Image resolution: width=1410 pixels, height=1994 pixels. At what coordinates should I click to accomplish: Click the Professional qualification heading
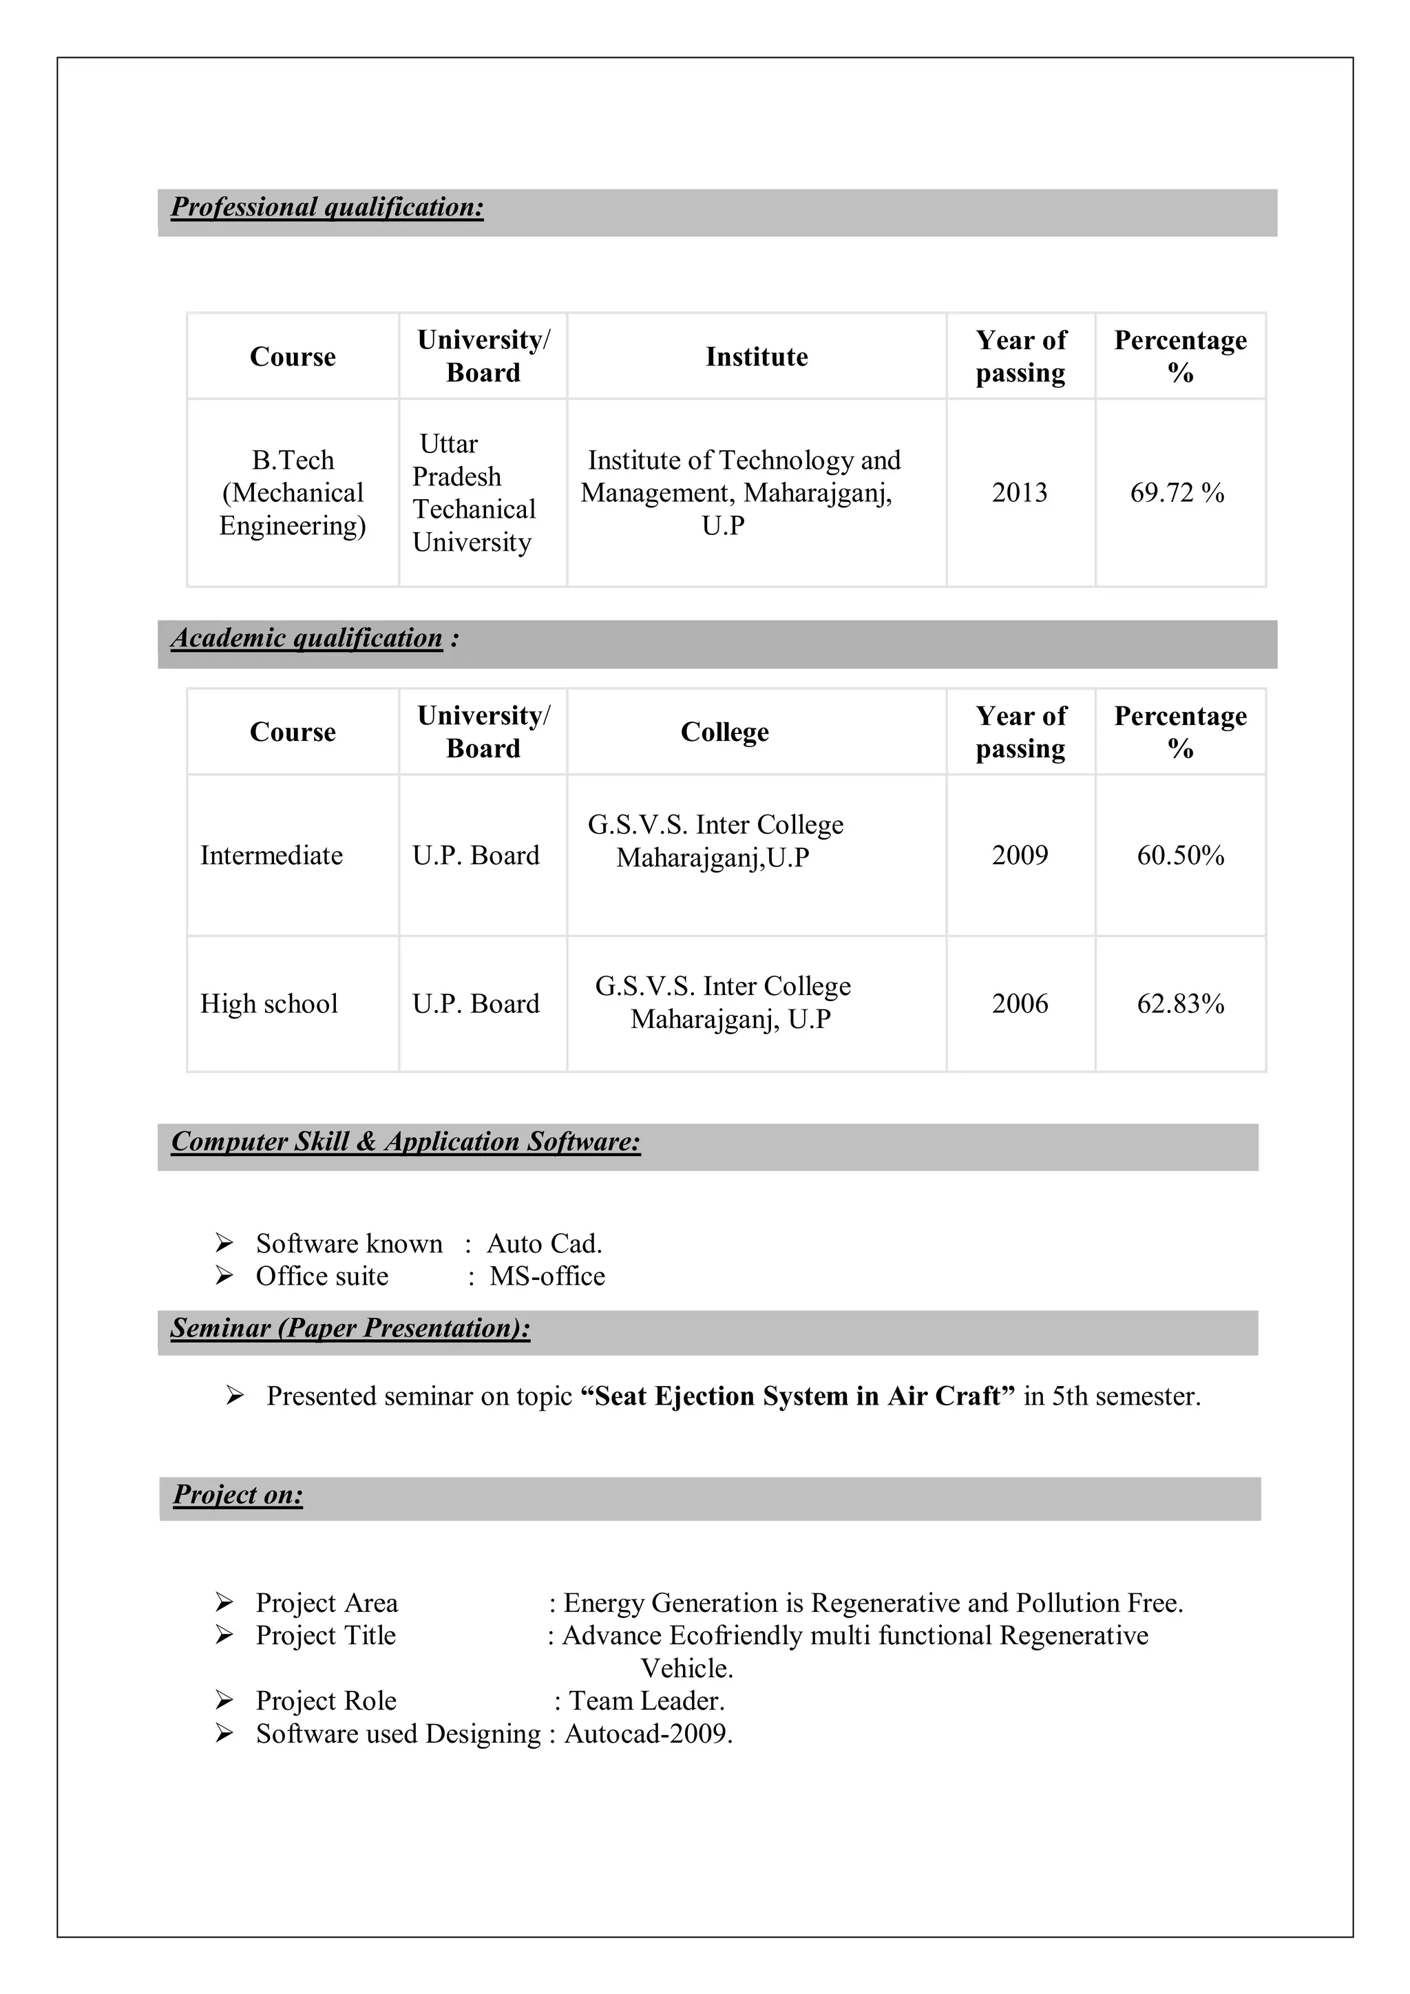click(x=326, y=207)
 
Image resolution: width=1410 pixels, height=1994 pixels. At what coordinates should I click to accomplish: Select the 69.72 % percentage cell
click(x=1177, y=493)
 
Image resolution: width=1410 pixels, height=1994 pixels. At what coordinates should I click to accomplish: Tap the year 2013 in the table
click(x=1020, y=493)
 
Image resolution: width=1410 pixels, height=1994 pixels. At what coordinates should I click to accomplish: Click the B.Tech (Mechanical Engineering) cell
click(x=293, y=493)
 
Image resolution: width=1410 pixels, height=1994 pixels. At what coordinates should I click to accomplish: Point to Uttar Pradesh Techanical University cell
click(x=473, y=493)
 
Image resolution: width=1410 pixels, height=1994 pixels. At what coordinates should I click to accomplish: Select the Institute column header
click(x=756, y=357)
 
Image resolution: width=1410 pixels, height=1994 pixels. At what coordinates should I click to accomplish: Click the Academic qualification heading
click(x=306, y=638)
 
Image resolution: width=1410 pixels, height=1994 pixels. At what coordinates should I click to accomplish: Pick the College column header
click(x=724, y=732)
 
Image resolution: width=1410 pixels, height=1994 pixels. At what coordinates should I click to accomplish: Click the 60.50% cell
click(x=1180, y=855)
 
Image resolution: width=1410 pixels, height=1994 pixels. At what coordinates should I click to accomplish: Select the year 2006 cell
click(x=1020, y=1004)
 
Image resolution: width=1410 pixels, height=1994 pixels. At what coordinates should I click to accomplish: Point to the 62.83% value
click(x=1180, y=1004)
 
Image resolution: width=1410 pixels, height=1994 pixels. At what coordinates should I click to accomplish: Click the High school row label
click(x=269, y=1004)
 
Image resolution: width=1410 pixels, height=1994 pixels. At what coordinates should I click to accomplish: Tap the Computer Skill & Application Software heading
click(x=406, y=1142)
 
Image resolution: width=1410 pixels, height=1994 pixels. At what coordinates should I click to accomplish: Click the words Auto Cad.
click(x=543, y=1243)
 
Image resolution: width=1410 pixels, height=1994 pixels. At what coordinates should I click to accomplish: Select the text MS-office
click(x=547, y=1277)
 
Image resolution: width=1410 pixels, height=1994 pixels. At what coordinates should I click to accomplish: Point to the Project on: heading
click(x=238, y=1495)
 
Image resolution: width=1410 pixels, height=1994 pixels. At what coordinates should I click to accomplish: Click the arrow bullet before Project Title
click(x=224, y=1635)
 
